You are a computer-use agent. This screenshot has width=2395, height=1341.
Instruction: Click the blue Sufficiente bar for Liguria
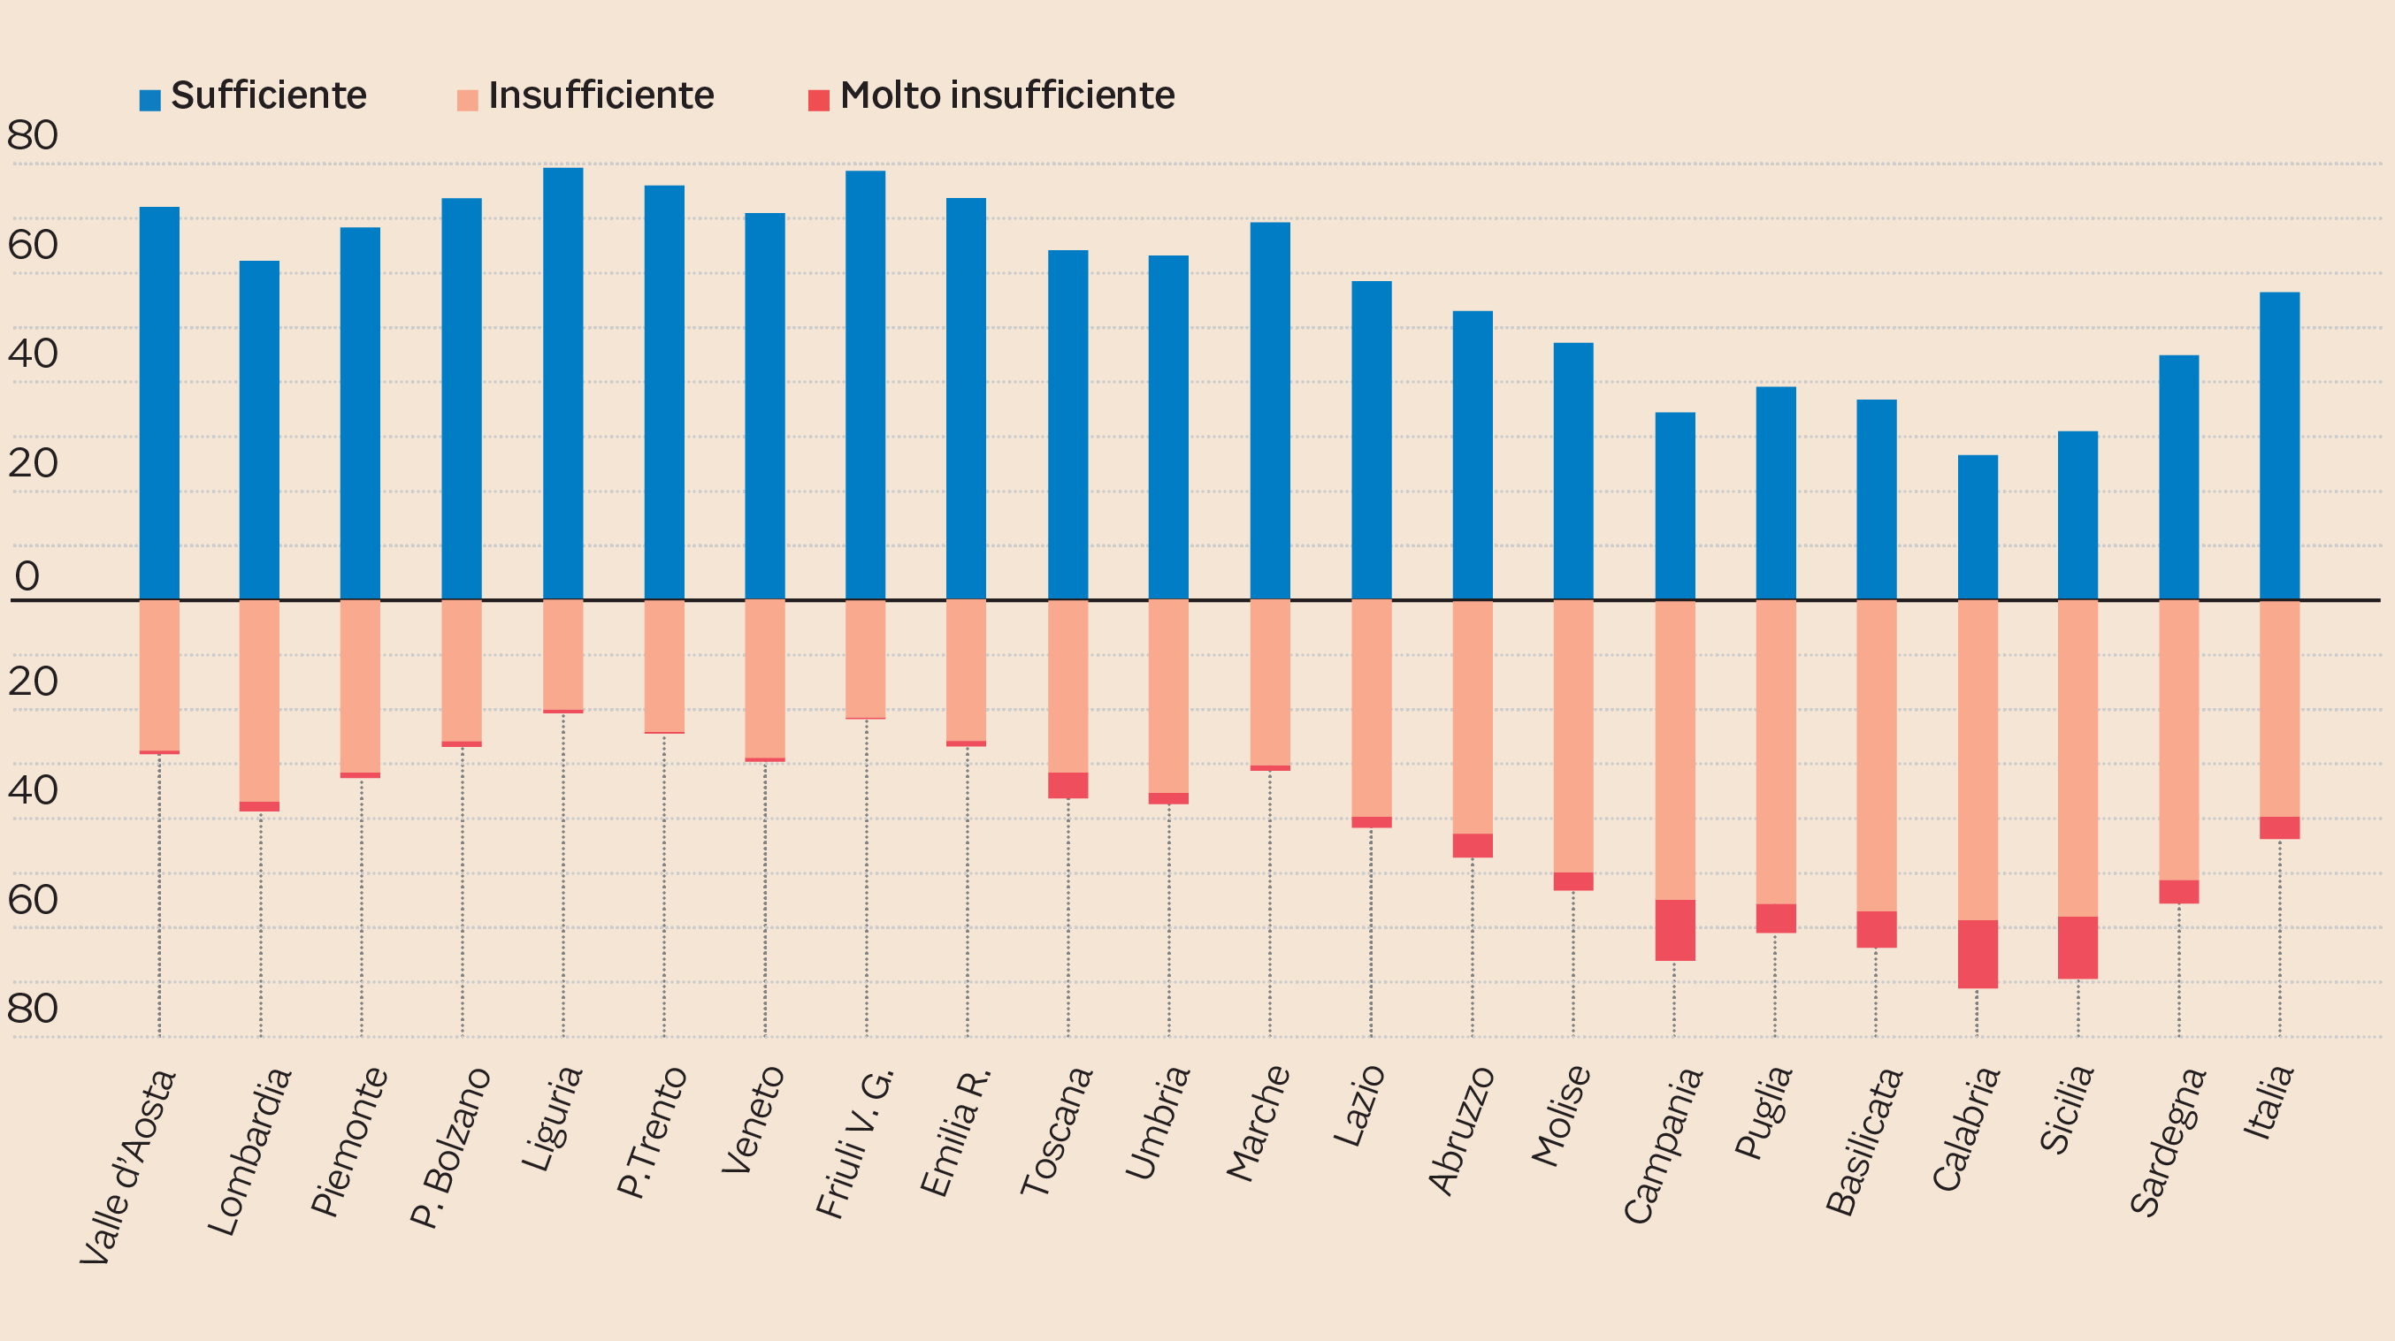(x=562, y=383)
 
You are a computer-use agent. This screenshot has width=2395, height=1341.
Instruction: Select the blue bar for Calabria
(x=1978, y=527)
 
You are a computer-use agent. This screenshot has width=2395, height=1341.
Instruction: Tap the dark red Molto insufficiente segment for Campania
(x=1674, y=929)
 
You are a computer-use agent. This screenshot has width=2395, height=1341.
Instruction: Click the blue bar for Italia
(x=2279, y=446)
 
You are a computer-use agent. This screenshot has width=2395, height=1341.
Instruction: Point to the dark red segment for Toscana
(x=1067, y=785)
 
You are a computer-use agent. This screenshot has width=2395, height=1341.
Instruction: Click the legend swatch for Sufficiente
(x=149, y=99)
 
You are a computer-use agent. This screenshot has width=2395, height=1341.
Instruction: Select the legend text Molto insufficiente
(x=1006, y=95)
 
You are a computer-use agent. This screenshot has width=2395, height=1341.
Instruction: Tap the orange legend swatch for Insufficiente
(x=468, y=99)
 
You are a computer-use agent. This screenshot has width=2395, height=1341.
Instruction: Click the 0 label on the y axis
(x=27, y=576)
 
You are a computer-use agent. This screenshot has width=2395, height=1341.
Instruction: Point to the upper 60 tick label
(x=33, y=246)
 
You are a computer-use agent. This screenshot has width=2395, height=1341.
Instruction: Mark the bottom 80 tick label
(x=33, y=1009)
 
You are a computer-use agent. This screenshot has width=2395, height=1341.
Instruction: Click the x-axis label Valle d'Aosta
(x=127, y=1166)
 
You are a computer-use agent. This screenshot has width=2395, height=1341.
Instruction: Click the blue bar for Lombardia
(x=259, y=430)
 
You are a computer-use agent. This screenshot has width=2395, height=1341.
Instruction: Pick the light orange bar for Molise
(x=1573, y=736)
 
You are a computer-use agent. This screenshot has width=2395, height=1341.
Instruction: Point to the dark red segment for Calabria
(x=1978, y=954)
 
